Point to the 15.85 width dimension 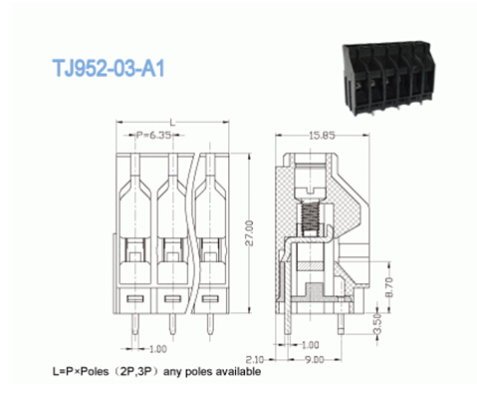[x=322, y=136]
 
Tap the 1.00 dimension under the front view [x=156, y=349]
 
